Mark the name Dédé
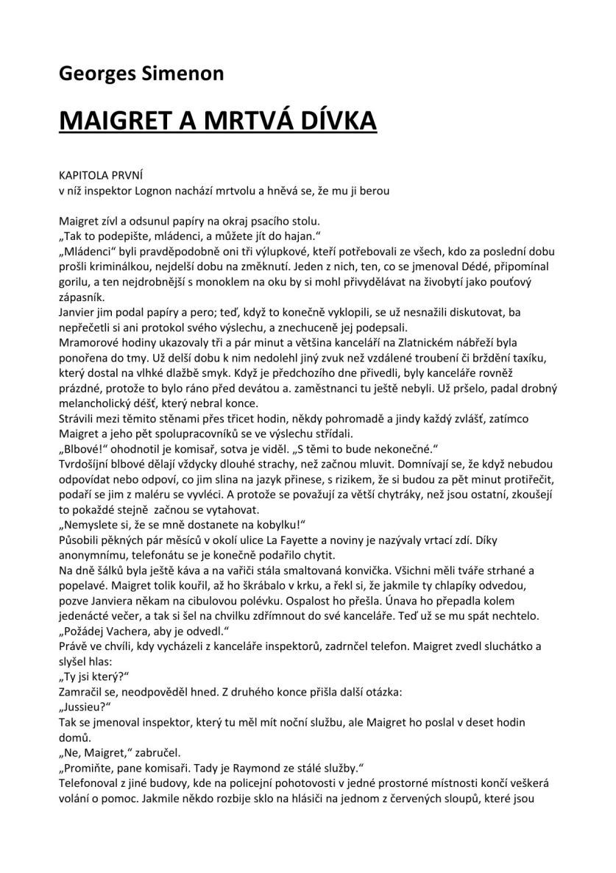coord(473,266)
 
